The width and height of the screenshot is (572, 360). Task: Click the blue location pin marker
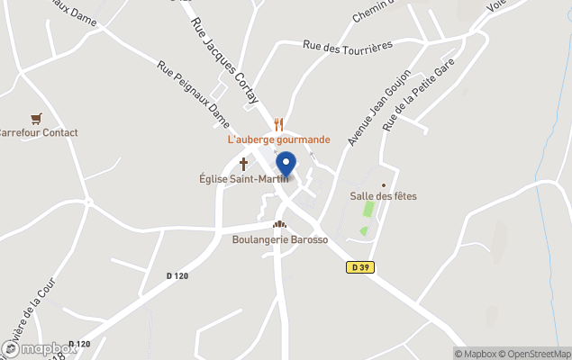(286, 165)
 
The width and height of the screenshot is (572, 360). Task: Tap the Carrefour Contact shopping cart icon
(36, 118)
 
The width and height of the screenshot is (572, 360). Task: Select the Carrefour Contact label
(38, 132)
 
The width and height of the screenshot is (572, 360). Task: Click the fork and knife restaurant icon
(279, 125)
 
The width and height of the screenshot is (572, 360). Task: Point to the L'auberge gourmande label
(278, 139)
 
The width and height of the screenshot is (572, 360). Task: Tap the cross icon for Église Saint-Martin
(244, 164)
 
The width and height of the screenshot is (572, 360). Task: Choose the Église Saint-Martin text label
(244, 178)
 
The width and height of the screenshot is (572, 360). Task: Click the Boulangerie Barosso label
(280, 240)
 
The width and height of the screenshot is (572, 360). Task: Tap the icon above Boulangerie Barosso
(279, 225)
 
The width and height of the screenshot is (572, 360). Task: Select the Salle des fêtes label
(383, 195)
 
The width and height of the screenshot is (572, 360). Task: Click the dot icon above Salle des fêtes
(383, 182)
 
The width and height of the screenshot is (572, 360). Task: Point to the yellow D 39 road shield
(360, 267)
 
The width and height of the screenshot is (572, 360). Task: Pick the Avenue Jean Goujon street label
(380, 107)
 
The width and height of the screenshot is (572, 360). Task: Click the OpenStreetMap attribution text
(535, 354)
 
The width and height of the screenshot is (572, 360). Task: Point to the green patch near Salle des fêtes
(368, 209)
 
